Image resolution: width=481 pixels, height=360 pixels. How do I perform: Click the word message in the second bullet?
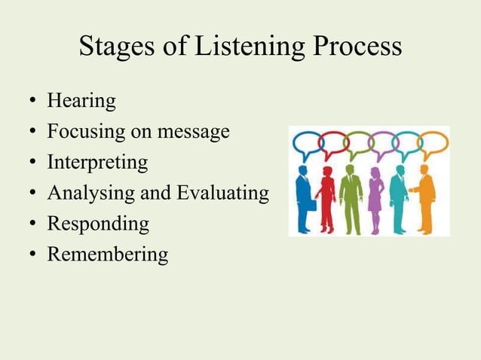[x=192, y=133]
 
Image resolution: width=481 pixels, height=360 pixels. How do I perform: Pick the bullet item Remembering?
[x=108, y=255]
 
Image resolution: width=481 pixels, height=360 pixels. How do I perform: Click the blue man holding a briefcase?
[x=303, y=198]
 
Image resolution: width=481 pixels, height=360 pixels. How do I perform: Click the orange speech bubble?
[x=434, y=143]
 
